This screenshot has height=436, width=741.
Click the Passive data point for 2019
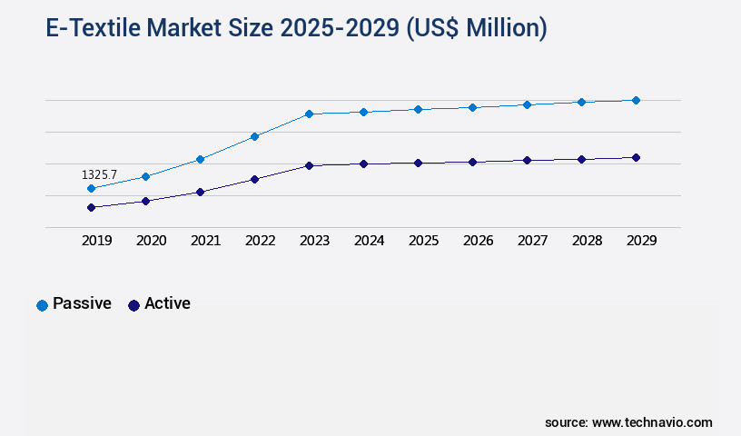[x=91, y=188]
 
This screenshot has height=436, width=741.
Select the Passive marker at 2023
[x=309, y=114]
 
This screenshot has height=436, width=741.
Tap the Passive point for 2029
[x=636, y=100]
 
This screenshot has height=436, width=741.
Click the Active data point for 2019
[x=91, y=207]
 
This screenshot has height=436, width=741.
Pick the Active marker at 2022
[x=254, y=179]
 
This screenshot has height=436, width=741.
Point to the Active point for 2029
[x=636, y=157]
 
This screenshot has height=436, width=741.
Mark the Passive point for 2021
[x=200, y=159]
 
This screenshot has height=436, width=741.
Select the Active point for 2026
[x=472, y=162]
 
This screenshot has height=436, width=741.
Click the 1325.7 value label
[x=99, y=174]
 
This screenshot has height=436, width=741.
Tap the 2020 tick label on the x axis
[x=151, y=241]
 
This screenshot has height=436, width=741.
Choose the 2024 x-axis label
[x=369, y=241]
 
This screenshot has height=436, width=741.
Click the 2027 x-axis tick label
[x=532, y=241]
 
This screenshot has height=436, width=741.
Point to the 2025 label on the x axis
[x=423, y=241]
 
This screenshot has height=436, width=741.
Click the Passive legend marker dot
[x=42, y=305]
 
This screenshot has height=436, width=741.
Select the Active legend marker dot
[x=133, y=305]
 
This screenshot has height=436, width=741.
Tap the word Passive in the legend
[x=82, y=303]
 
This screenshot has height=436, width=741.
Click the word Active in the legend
[x=167, y=303]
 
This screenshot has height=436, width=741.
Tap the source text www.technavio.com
[x=652, y=422]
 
